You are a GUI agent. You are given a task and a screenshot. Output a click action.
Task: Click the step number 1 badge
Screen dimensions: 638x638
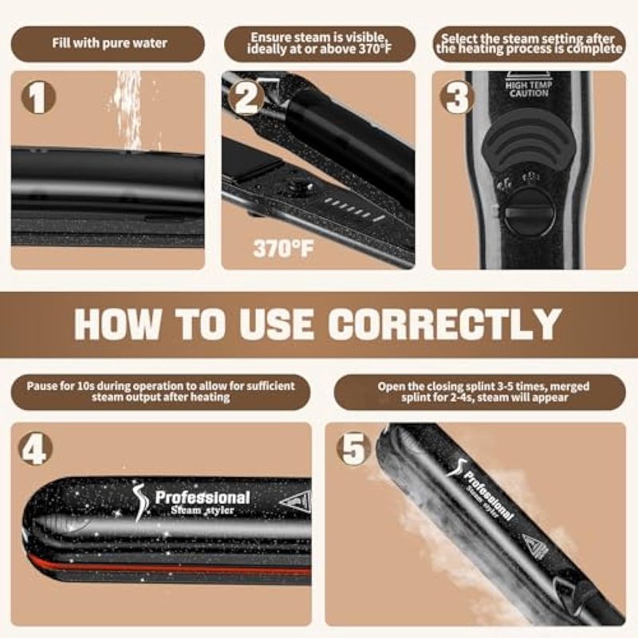click(x=38, y=97)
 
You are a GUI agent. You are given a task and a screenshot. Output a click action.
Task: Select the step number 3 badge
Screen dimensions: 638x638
click(x=457, y=97)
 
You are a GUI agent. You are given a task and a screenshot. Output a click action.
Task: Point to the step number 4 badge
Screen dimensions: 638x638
click(x=35, y=449)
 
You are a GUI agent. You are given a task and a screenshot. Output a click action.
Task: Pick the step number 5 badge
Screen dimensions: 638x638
click(x=353, y=449)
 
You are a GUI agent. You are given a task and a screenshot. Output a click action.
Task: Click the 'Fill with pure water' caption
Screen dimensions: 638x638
click(x=109, y=43)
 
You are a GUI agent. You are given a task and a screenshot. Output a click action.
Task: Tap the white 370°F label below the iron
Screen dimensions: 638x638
click(x=283, y=248)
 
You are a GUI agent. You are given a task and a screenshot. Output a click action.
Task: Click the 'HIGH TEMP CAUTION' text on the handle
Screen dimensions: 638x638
click(x=529, y=89)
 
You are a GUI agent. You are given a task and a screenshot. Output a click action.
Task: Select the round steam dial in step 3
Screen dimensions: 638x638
click(x=530, y=214)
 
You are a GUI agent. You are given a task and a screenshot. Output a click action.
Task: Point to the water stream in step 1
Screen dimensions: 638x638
click(x=128, y=110)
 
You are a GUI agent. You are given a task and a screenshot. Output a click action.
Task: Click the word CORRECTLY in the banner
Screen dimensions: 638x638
click(x=445, y=324)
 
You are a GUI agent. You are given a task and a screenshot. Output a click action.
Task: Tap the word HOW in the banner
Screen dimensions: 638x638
click(x=118, y=324)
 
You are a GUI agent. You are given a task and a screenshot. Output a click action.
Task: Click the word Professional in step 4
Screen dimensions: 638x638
click(x=203, y=497)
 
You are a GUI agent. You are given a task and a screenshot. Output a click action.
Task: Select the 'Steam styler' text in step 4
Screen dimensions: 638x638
click(x=203, y=510)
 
